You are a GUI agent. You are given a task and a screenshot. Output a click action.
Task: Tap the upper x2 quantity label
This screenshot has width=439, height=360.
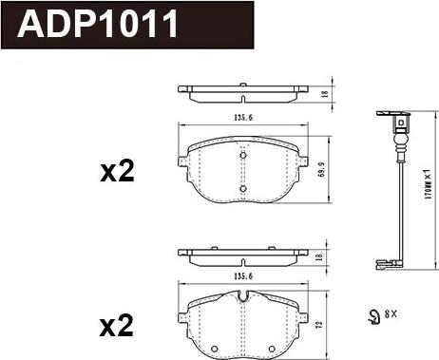pos(118,172)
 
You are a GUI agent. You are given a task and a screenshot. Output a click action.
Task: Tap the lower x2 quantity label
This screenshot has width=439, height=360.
pos(118,328)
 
